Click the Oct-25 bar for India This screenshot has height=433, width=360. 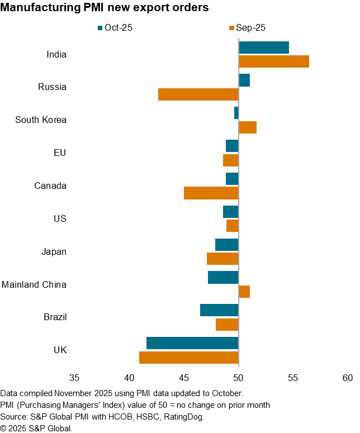point(264,47)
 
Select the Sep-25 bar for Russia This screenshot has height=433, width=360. point(198,94)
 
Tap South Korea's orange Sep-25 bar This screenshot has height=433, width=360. point(248,127)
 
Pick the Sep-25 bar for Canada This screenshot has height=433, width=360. point(211,193)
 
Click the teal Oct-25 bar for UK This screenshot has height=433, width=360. point(192,343)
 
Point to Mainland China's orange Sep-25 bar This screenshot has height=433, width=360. point(244,292)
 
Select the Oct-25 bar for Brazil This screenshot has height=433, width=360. point(219,310)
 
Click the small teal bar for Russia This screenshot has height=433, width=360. point(244,80)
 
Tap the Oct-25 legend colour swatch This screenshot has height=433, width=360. point(101,27)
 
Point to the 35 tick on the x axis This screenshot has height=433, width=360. point(74,378)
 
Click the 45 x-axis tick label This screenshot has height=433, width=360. point(184,378)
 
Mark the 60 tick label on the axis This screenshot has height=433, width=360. point(347,378)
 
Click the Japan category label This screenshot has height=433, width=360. point(54,251)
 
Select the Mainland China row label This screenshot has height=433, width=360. point(34,284)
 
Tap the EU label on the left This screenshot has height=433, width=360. point(59,153)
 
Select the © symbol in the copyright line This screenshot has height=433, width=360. point(3,427)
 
